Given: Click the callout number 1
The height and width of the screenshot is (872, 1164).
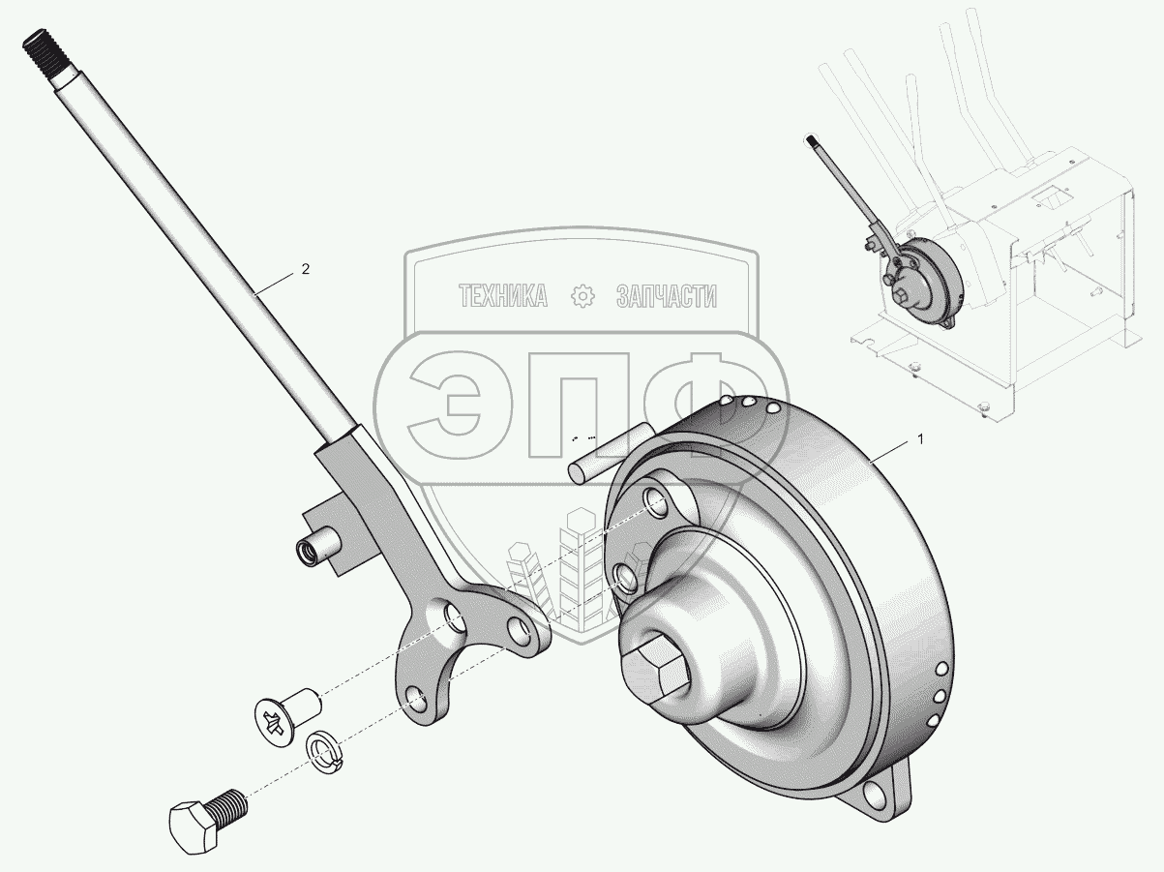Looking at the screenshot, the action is (920, 438).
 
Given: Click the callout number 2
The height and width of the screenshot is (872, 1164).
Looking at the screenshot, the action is (305, 270).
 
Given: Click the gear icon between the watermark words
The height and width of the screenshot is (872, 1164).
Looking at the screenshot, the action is (582, 297).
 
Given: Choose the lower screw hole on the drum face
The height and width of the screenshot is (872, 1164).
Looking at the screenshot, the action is (627, 579).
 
